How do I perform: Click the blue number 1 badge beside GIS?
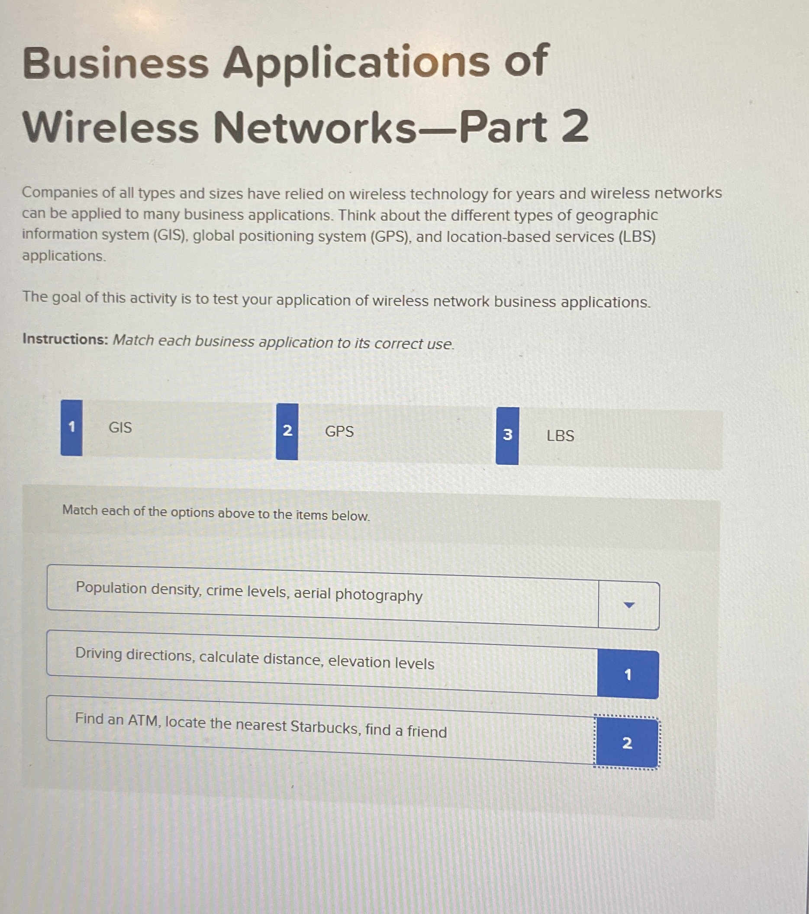click(71, 428)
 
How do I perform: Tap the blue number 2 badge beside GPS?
click(287, 431)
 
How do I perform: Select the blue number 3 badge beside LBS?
click(507, 435)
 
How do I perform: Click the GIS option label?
click(120, 428)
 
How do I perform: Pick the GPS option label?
click(339, 431)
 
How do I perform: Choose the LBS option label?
click(560, 435)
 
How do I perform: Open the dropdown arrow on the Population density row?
click(629, 605)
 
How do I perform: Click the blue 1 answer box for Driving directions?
click(628, 674)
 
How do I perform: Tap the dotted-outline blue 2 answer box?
click(626, 743)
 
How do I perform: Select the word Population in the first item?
click(111, 588)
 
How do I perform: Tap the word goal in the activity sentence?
click(66, 298)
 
